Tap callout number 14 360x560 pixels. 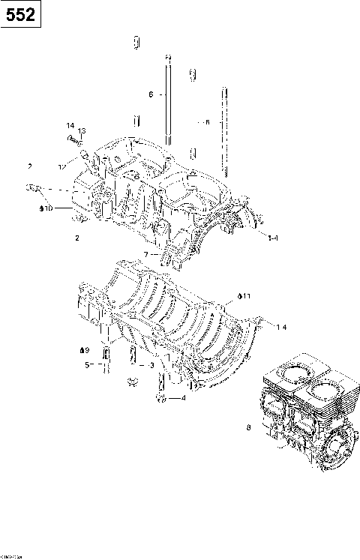coord(70,125)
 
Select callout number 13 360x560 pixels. coord(82,131)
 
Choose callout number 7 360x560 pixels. coord(147,255)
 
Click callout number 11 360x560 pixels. coord(246,297)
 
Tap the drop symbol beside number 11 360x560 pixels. coord(238,297)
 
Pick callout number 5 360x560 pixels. coord(87,365)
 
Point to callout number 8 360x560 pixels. coord(248,428)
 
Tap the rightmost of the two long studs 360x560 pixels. coord(223,127)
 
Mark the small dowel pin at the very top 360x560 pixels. coord(136,43)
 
